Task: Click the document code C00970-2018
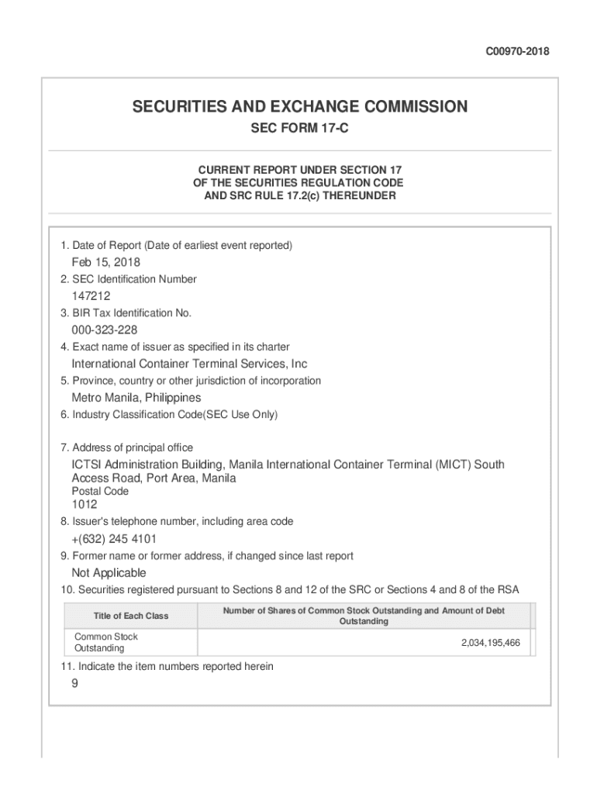pyautogui.click(x=517, y=52)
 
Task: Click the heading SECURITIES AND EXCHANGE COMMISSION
pyautogui.click(x=299, y=107)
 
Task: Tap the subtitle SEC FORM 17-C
pyautogui.click(x=299, y=128)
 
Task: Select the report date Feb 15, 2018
pyautogui.click(x=106, y=262)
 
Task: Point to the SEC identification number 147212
pyautogui.click(x=91, y=296)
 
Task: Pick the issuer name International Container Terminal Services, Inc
pyautogui.click(x=190, y=364)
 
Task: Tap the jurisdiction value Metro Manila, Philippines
pyautogui.click(x=136, y=398)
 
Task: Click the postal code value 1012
pyautogui.click(x=85, y=505)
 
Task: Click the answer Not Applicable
pyautogui.click(x=109, y=573)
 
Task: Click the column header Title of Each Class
pyautogui.click(x=131, y=616)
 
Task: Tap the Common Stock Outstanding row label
pyautogui.click(x=105, y=642)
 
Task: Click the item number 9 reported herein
pyautogui.click(x=74, y=684)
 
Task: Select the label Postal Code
pyautogui.click(x=100, y=492)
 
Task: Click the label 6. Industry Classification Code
pyautogui.click(x=169, y=415)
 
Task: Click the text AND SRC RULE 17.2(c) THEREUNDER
pyautogui.click(x=299, y=196)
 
